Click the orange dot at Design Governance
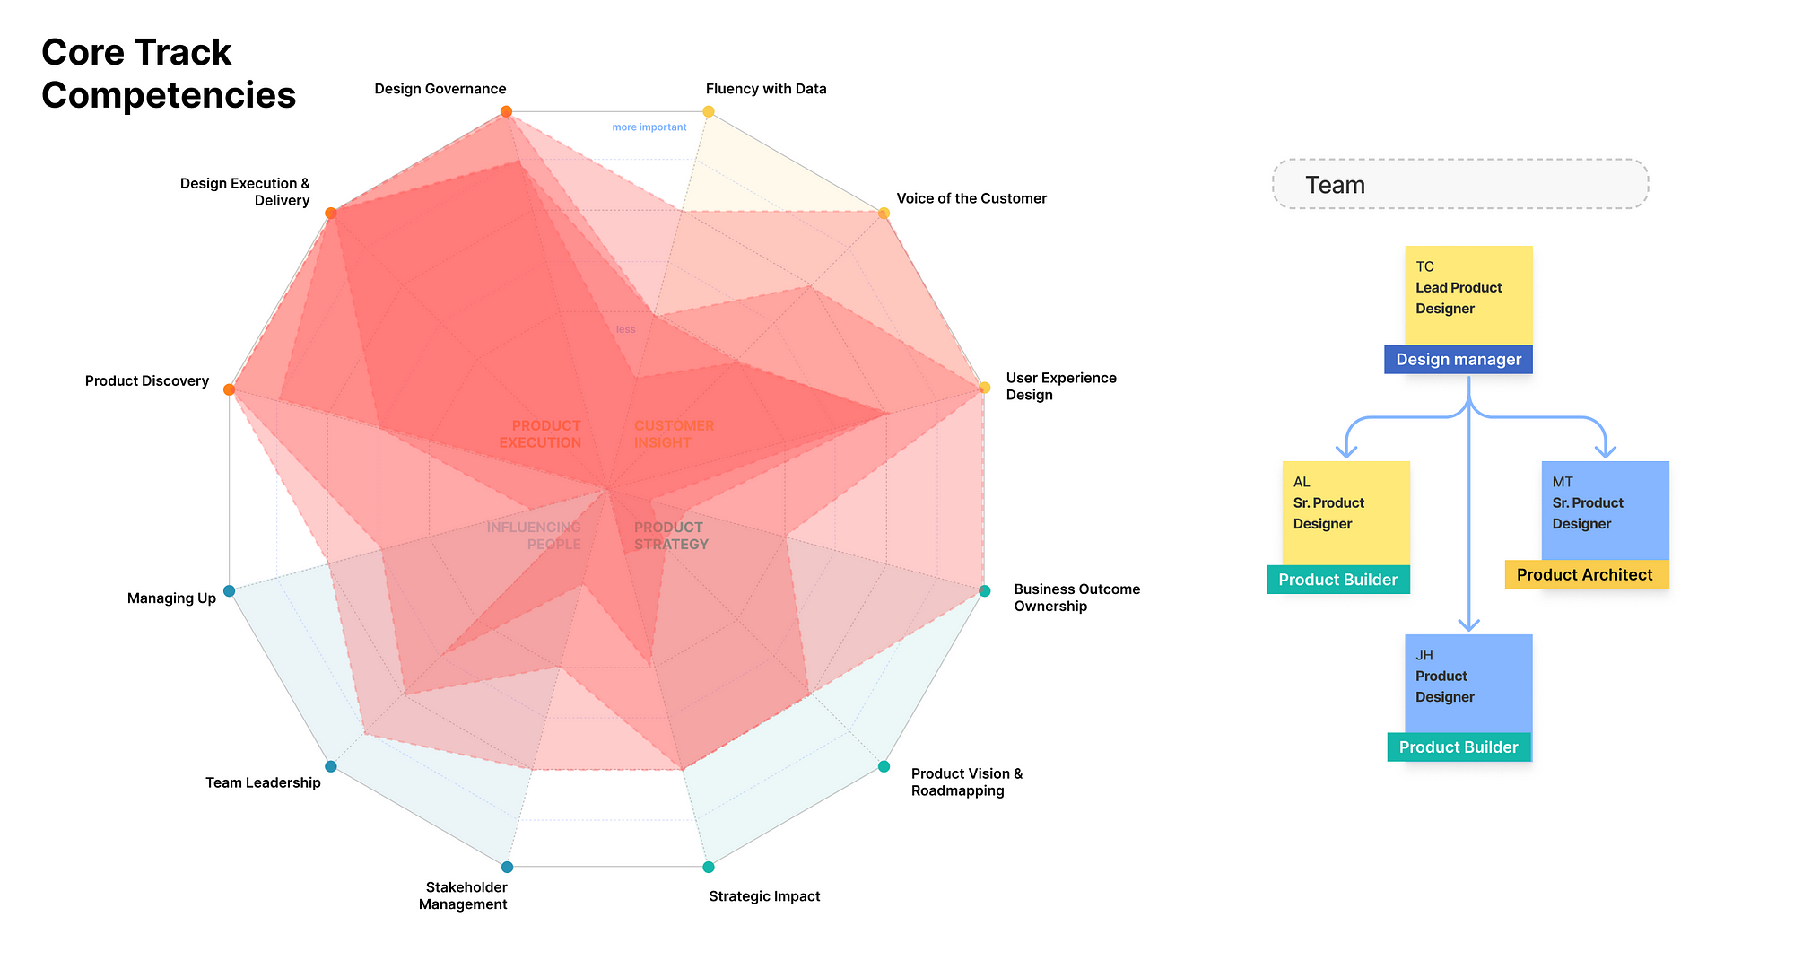coord(506,111)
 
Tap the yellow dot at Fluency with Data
coord(709,111)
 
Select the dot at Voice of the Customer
coord(884,213)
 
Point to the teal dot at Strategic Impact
coord(709,867)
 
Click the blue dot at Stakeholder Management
coord(507,867)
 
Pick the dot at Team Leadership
coord(331,766)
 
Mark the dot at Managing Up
coord(229,590)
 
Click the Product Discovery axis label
coord(147,380)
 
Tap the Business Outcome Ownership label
coord(1077,598)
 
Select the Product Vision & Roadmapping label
coord(967,782)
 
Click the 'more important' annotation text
coord(649,127)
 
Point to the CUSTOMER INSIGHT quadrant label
coord(675,434)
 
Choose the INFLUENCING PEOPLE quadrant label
coord(534,536)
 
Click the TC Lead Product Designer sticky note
coord(1469,295)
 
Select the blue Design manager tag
coord(1459,360)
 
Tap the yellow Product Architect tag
coord(1587,574)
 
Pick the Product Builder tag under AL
coord(1338,580)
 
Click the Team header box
coord(1460,184)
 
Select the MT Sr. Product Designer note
coord(1606,511)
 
